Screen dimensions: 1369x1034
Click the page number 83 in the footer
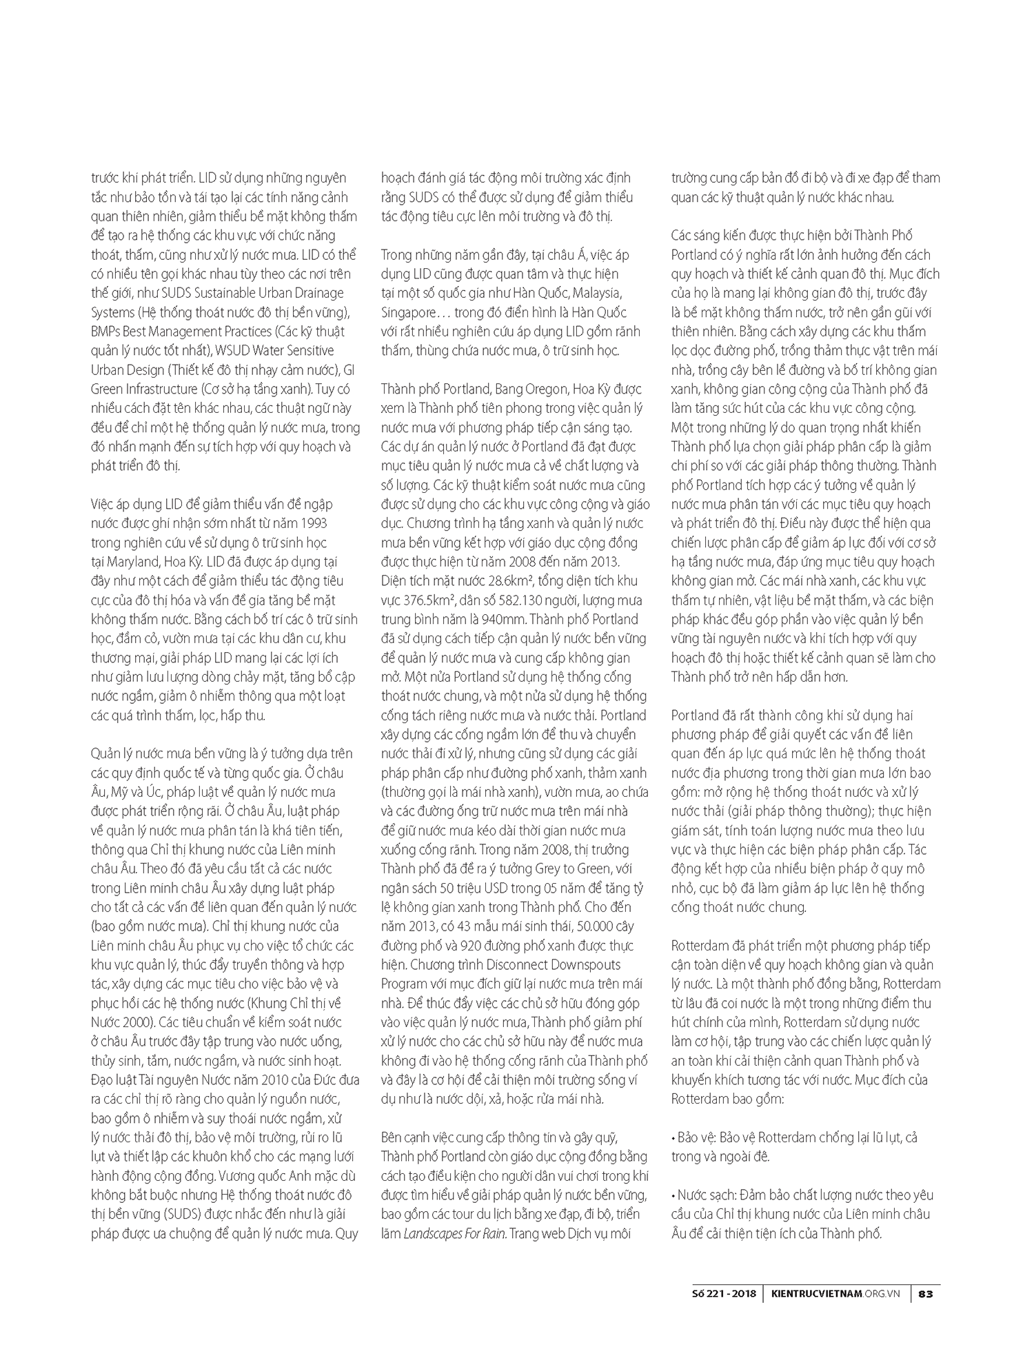[926, 1295]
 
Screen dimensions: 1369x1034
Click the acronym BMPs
[105, 332]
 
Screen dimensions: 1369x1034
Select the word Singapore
[408, 312]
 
